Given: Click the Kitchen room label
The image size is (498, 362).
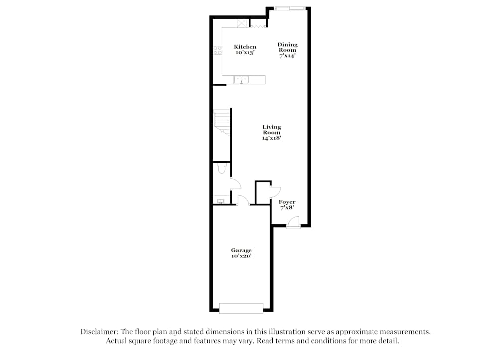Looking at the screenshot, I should tap(245, 47).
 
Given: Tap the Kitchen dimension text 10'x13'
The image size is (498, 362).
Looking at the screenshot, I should tap(245, 52).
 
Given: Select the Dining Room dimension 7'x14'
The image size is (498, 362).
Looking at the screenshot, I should tap(287, 56).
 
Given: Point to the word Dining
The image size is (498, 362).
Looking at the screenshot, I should tap(287, 44).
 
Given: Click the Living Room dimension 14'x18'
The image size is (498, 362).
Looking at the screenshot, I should tap(272, 138).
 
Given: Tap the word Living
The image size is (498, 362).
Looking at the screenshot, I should tap(272, 127).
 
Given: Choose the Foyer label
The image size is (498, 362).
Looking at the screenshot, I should tap(287, 202).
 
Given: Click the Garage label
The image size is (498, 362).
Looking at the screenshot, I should tap(241, 250).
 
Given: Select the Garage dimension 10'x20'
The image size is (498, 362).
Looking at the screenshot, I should tap(241, 256).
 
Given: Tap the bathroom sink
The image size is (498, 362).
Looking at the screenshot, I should tap(220, 201).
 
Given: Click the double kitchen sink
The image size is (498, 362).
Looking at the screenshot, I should tap(242, 79).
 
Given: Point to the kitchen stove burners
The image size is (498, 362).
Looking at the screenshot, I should tap(217, 50).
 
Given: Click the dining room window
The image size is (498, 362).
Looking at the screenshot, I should tap(290, 8).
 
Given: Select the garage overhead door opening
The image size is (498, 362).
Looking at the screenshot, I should tap(241, 309).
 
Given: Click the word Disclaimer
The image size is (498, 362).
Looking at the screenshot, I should tap(97, 331).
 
